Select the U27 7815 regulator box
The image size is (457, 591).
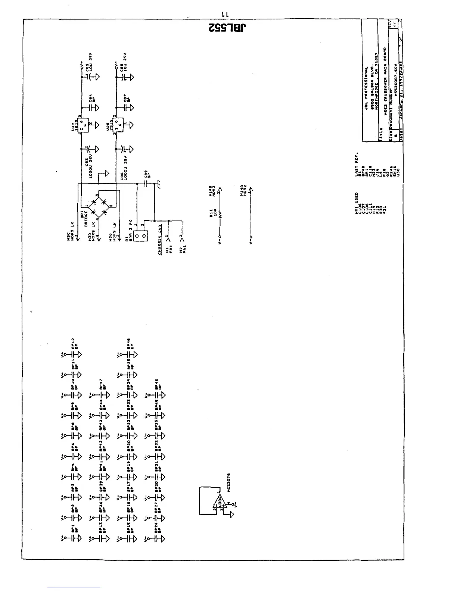(x=85, y=125)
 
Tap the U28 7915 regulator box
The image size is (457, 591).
(x=120, y=125)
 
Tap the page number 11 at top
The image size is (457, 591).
(x=226, y=14)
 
